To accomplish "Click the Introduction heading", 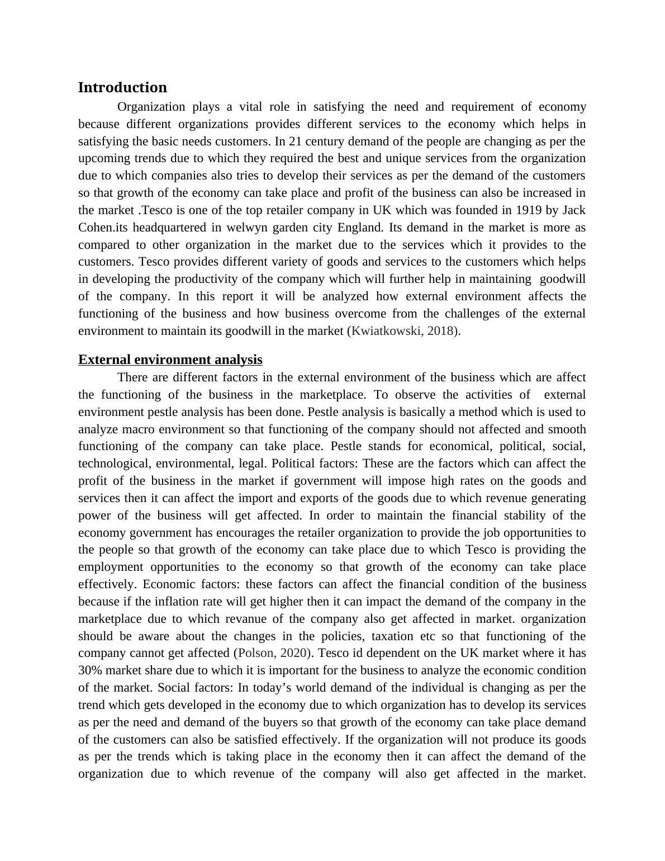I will coord(122,88).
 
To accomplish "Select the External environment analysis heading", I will coord(170,359).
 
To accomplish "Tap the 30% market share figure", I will coord(91,670).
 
